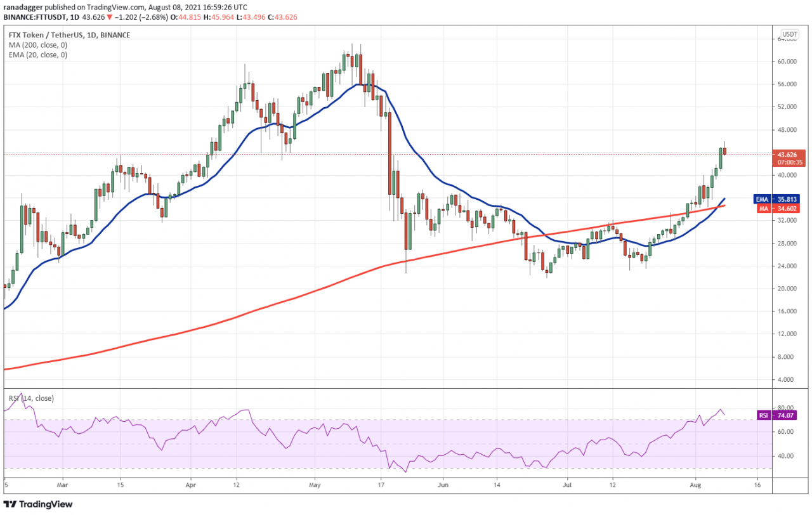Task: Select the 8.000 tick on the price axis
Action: click(787, 357)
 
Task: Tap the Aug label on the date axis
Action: click(696, 485)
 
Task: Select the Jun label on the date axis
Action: click(443, 485)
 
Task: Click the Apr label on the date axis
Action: click(191, 485)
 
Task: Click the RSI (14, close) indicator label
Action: click(31, 398)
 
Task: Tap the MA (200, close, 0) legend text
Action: click(37, 45)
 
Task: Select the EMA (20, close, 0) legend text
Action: click(37, 55)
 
